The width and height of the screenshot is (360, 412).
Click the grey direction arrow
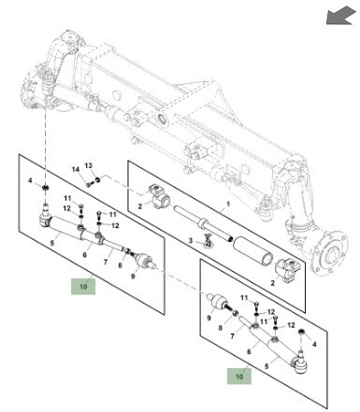click(x=340, y=16)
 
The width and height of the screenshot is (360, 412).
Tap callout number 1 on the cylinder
click(x=228, y=205)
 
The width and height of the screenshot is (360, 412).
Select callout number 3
click(x=191, y=241)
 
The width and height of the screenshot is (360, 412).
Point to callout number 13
click(x=89, y=165)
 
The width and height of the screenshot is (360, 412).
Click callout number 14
click(x=76, y=170)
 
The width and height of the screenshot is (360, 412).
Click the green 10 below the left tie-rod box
click(x=83, y=286)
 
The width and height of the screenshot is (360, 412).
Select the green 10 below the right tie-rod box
click(x=239, y=376)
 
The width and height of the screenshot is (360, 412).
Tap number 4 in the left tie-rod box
click(x=30, y=180)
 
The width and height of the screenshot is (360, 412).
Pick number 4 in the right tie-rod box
click(x=314, y=344)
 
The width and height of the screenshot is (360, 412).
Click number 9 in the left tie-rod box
click(x=133, y=277)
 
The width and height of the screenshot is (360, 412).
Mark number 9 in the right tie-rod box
click(x=209, y=318)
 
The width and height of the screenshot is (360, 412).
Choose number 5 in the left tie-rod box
click(x=52, y=243)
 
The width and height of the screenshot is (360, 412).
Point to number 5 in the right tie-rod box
click(x=266, y=366)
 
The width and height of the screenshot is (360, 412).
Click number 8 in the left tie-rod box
click(x=120, y=265)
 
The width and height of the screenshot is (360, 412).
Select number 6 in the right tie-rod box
click(x=249, y=351)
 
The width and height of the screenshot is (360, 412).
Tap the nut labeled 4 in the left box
click(x=46, y=188)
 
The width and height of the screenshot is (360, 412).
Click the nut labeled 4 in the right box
click(x=301, y=332)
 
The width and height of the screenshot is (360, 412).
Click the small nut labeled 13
click(x=97, y=179)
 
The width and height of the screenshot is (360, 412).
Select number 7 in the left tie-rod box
click(x=106, y=263)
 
